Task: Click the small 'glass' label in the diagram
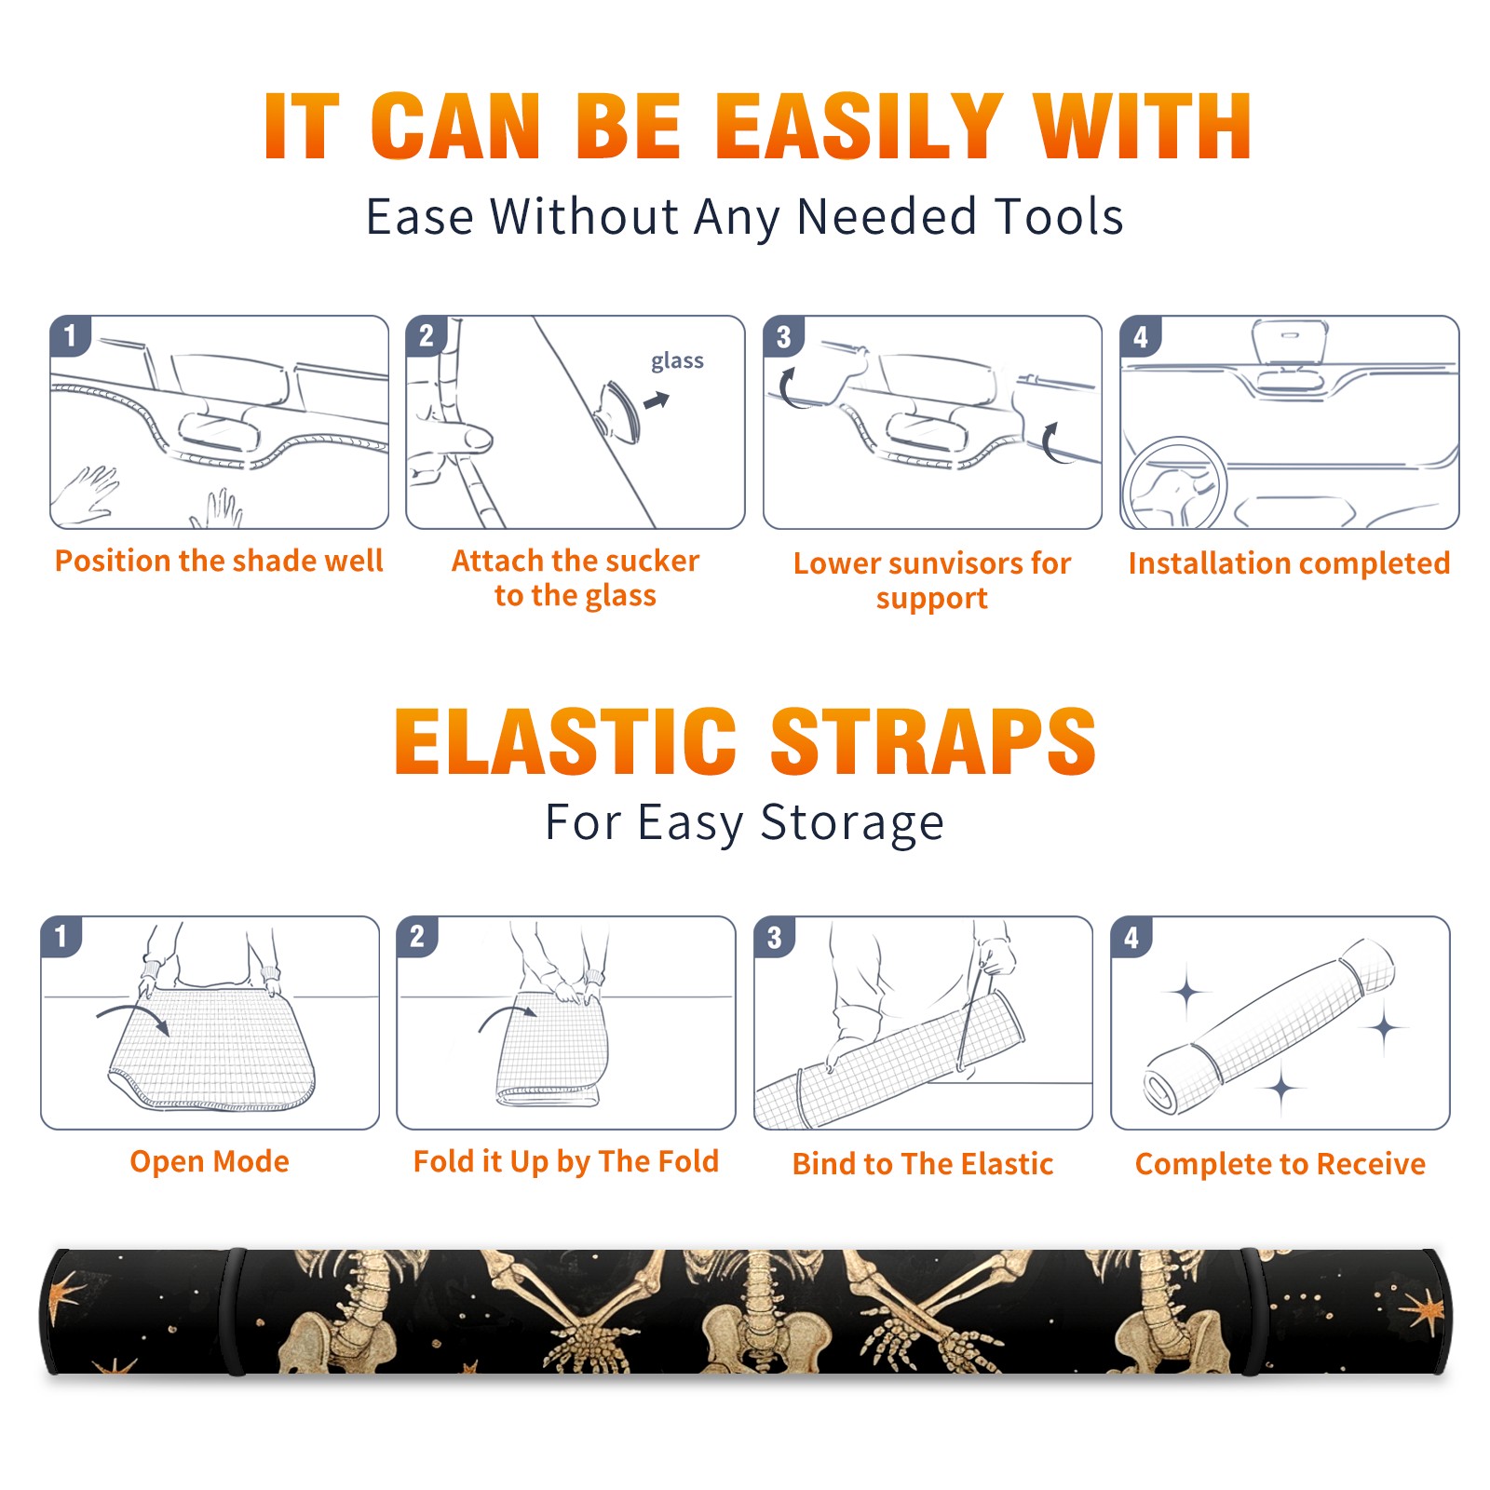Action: pos(677,361)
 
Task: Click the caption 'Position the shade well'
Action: pos(219,561)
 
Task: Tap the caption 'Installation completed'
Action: pos(1289,562)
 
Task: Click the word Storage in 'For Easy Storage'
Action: pos(852,823)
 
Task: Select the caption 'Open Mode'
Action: pos(210,1161)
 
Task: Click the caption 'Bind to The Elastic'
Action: pos(923,1164)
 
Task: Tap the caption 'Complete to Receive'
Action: pos(1280,1164)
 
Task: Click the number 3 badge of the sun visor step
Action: pos(783,337)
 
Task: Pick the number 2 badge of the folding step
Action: pos(417,936)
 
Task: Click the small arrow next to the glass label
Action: pos(657,400)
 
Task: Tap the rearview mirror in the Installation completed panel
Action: pos(1289,349)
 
